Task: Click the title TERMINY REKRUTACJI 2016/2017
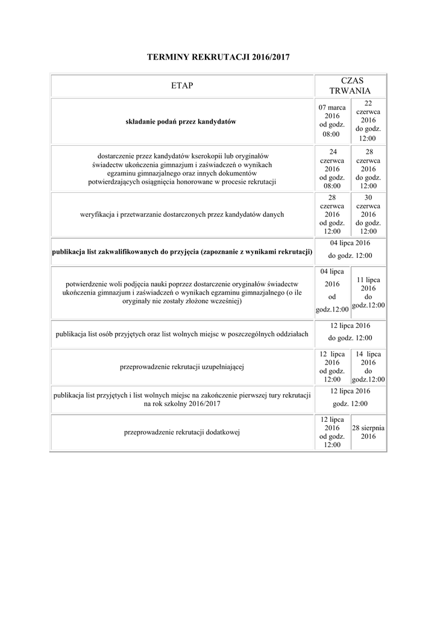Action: pyautogui.click(x=219, y=57)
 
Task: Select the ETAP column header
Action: pyautogui.click(x=183, y=86)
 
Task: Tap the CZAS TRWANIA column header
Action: pyautogui.click(x=351, y=86)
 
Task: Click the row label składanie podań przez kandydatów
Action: pyautogui.click(x=181, y=121)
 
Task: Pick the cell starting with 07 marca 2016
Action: pyautogui.click(x=332, y=121)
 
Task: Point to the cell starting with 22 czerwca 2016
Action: pyautogui.click(x=368, y=121)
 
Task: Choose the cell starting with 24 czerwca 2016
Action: pyautogui.click(x=332, y=169)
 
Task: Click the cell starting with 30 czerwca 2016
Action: pyautogui.click(x=368, y=214)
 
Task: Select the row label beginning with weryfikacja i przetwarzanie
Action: pyautogui.click(x=182, y=214)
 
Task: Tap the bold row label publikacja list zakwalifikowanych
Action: pyautogui.click(x=182, y=251)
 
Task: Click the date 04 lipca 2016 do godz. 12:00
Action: pyautogui.click(x=350, y=249)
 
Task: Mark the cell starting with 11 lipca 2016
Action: pyautogui.click(x=368, y=293)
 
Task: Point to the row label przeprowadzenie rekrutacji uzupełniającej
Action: pyautogui.click(x=182, y=366)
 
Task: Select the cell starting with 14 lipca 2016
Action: pyautogui.click(x=368, y=366)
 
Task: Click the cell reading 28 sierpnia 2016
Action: pyautogui.click(x=368, y=432)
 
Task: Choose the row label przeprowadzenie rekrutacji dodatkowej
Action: pyautogui.click(x=182, y=432)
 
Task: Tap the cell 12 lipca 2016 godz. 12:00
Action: pyautogui.click(x=350, y=398)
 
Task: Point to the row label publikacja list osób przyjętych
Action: pyautogui.click(x=182, y=334)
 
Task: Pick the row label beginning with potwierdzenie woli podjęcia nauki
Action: pyautogui.click(x=182, y=292)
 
